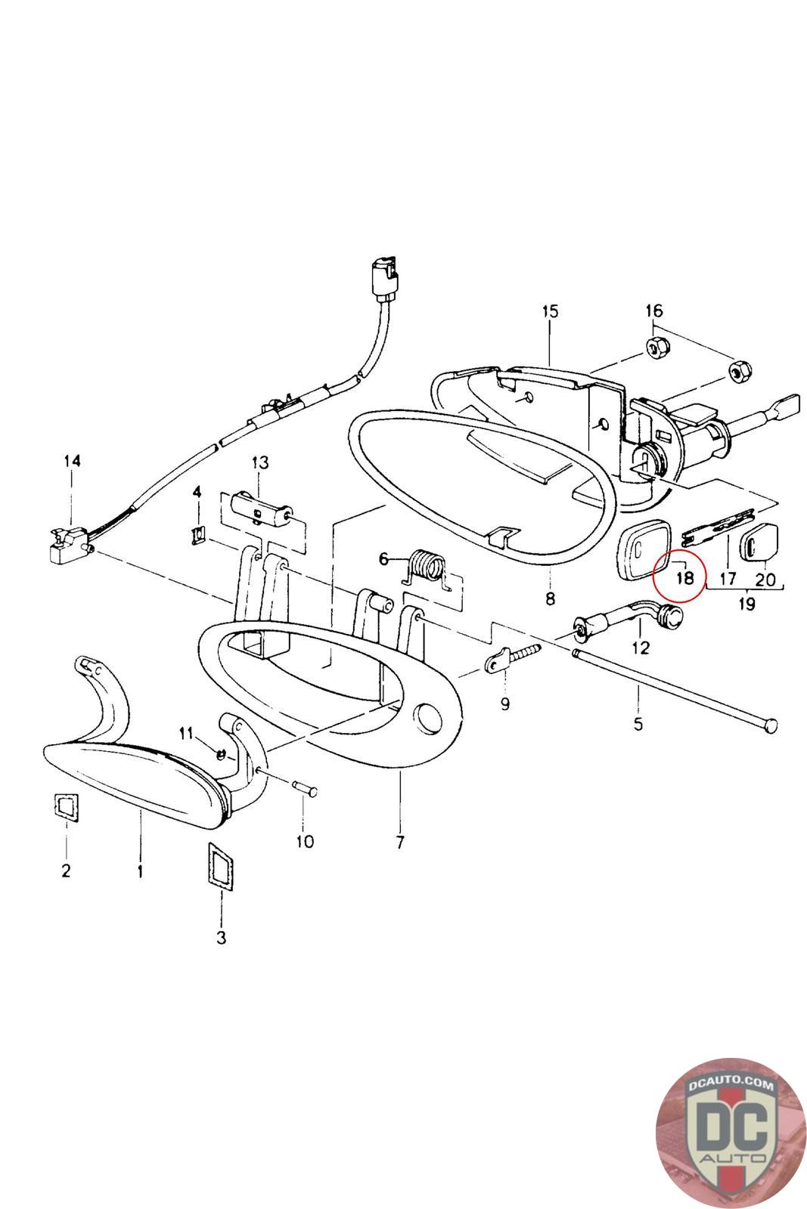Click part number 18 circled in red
684,578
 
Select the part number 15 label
550,311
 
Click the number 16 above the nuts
653,311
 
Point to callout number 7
399,842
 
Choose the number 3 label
221,938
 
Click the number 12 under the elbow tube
640,648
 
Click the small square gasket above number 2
66,806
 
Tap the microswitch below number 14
68,543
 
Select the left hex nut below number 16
656,348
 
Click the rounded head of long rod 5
770,725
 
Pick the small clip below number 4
199,535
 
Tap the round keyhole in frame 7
427,719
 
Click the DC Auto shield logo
729,1133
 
